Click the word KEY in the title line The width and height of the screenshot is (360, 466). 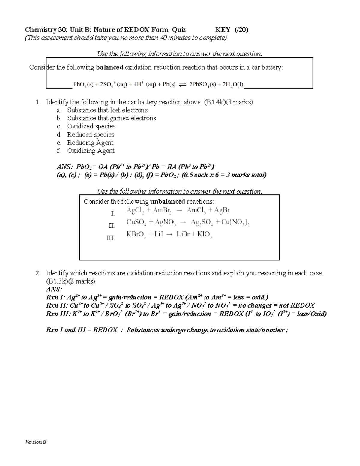pyautogui.click(x=223, y=29)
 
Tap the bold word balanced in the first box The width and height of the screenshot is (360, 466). pyautogui.click(x=109, y=67)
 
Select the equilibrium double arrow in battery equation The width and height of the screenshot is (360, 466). pyautogui.click(x=182, y=85)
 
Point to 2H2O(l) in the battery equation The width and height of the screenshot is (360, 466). pyautogui.click(x=232, y=85)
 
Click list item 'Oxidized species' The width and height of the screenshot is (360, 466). pyautogui.click(x=91, y=126)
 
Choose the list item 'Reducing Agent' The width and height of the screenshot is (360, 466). pyautogui.click(x=90, y=143)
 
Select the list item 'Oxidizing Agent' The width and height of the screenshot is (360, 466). pyautogui.click(x=91, y=151)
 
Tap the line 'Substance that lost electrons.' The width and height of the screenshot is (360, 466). pyautogui.click(x=108, y=110)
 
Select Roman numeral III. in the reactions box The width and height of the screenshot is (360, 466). pyautogui.click(x=111, y=238)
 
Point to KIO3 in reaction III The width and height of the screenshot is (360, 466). pyautogui.click(x=205, y=235)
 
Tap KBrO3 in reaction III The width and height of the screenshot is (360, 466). pyautogui.click(x=136, y=235)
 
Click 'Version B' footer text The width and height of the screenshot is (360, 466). pyautogui.click(x=35, y=442)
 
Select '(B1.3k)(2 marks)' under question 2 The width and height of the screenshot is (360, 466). pyautogui.click(x=70, y=281)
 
